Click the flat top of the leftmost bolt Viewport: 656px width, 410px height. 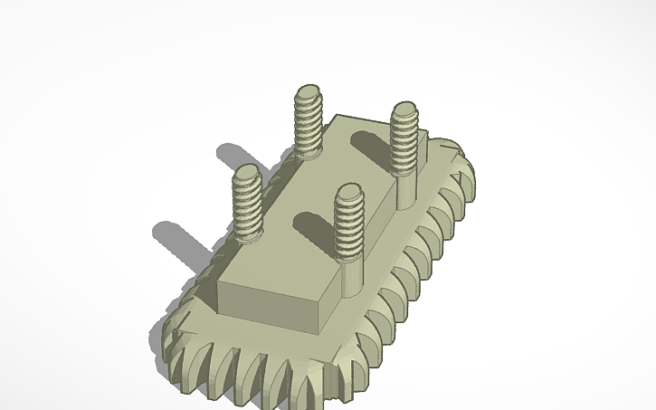point(245,171)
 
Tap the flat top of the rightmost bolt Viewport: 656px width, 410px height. point(404,110)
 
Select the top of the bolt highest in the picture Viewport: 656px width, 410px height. point(309,91)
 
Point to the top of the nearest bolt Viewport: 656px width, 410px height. point(348,191)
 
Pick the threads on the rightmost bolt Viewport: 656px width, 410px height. point(404,140)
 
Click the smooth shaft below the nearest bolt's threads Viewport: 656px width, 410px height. point(349,276)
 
